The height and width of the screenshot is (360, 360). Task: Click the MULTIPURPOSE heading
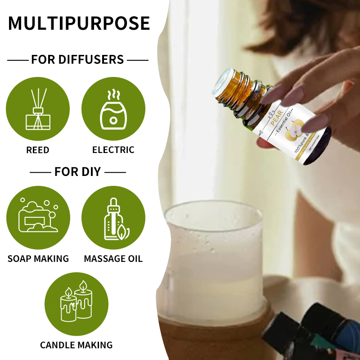point(79,23)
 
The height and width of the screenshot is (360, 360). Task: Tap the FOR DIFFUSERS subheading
point(77,59)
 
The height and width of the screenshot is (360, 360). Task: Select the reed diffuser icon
point(38,109)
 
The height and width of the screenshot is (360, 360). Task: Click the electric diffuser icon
point(113,109)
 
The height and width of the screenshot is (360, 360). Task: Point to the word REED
point(38,150)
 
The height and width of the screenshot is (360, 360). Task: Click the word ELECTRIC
point(113,150)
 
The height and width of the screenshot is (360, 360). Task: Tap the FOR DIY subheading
point(77,172)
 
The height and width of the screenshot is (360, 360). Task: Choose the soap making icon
point(38,217)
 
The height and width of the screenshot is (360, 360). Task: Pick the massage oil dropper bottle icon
point(113,217)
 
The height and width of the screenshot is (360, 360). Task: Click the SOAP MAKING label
point(38,259)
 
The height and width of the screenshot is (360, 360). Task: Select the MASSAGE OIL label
point(113,259)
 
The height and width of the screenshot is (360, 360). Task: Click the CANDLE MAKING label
point(76,345)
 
